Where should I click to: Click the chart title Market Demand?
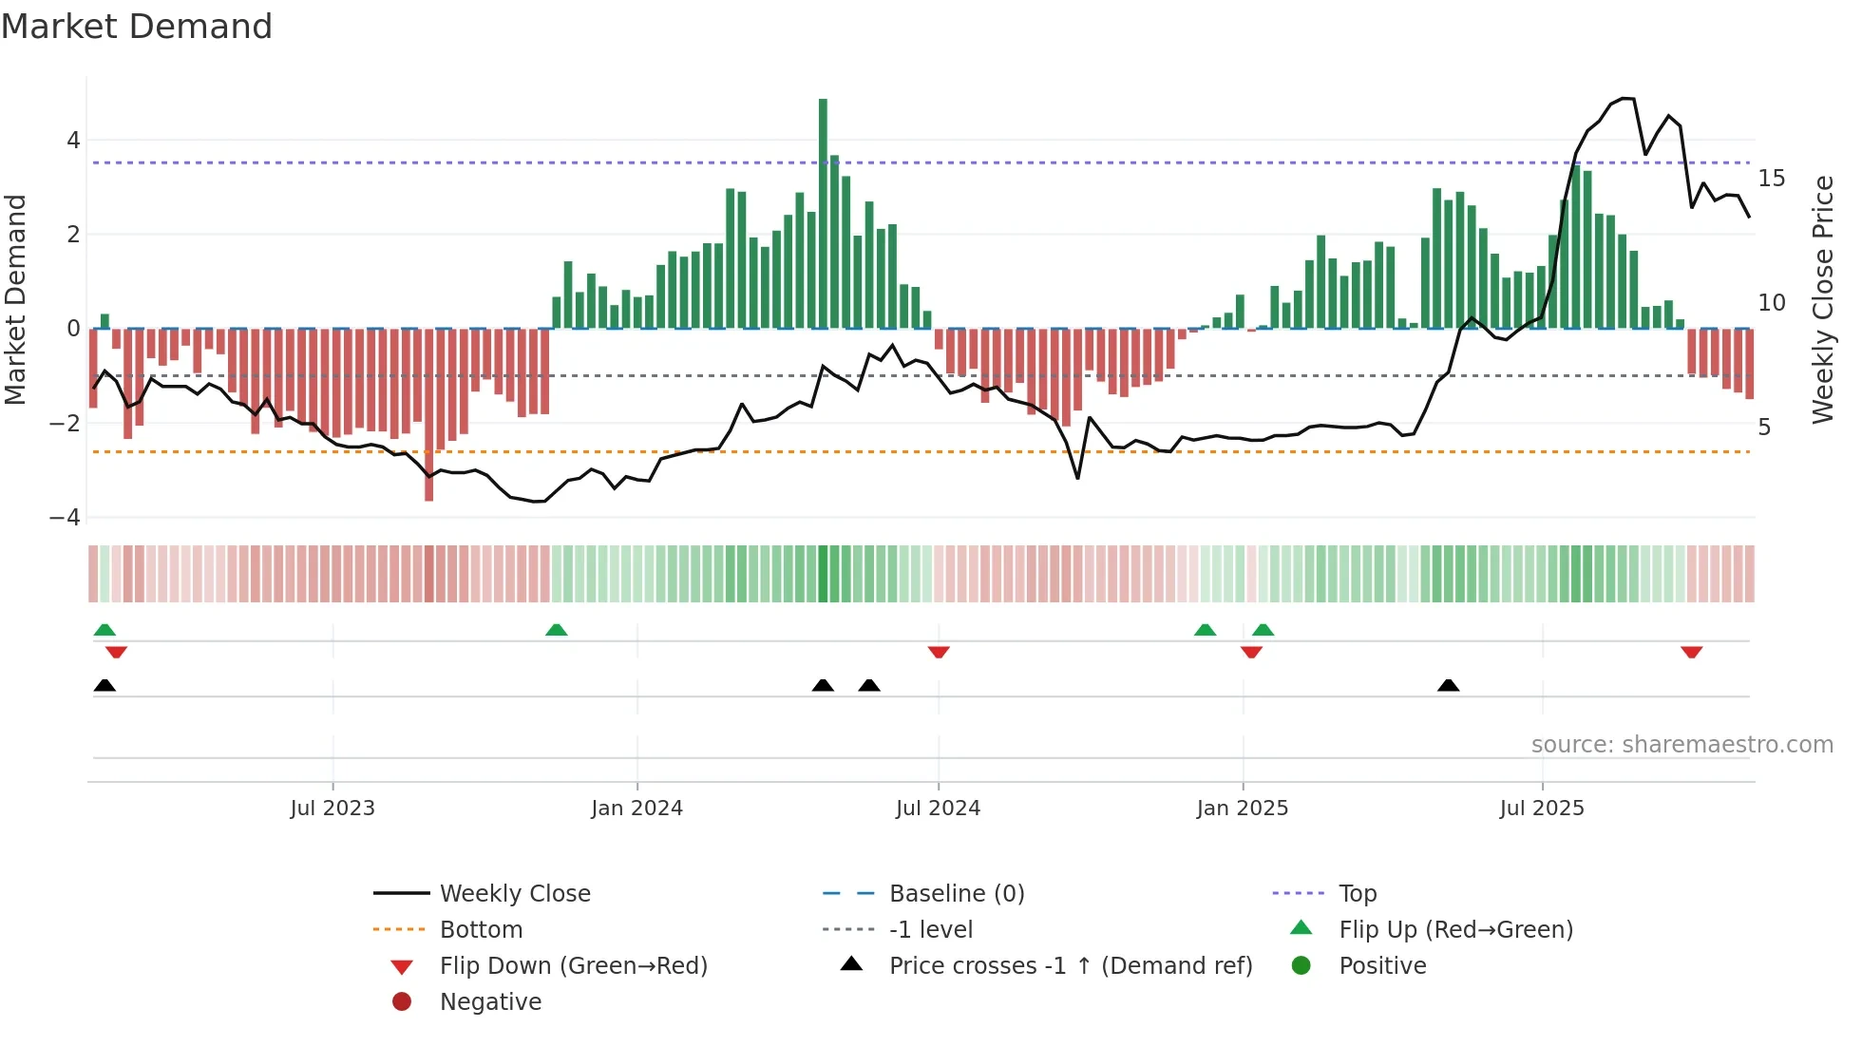coord(137,27)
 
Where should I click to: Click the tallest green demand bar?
coord(823,214)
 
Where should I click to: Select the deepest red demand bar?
coord(428,414)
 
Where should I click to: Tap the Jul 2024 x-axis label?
coord(938,809)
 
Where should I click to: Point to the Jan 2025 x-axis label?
coord(1242,809)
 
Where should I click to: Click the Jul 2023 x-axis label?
coord(332,809)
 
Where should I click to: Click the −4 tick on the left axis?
coord(66,518)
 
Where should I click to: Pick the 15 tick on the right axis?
coord(1771,179)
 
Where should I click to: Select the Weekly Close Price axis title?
coord(1822,299)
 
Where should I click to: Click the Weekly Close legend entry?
coord(514,894)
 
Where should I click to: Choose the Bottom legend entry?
coord(481,930)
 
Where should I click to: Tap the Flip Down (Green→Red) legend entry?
coord(573,966)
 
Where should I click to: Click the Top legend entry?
coord(1357,894)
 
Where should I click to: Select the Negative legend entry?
coord(490,1002)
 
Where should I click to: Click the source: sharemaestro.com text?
coord(1681,745)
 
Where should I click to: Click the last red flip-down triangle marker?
coord(1691,652)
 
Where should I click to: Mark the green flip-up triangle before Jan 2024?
coord(557,630)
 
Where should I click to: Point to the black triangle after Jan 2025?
coord(1448,685)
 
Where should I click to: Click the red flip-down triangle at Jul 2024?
coord(939,652)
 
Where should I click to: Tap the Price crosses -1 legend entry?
coord(1070,966)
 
